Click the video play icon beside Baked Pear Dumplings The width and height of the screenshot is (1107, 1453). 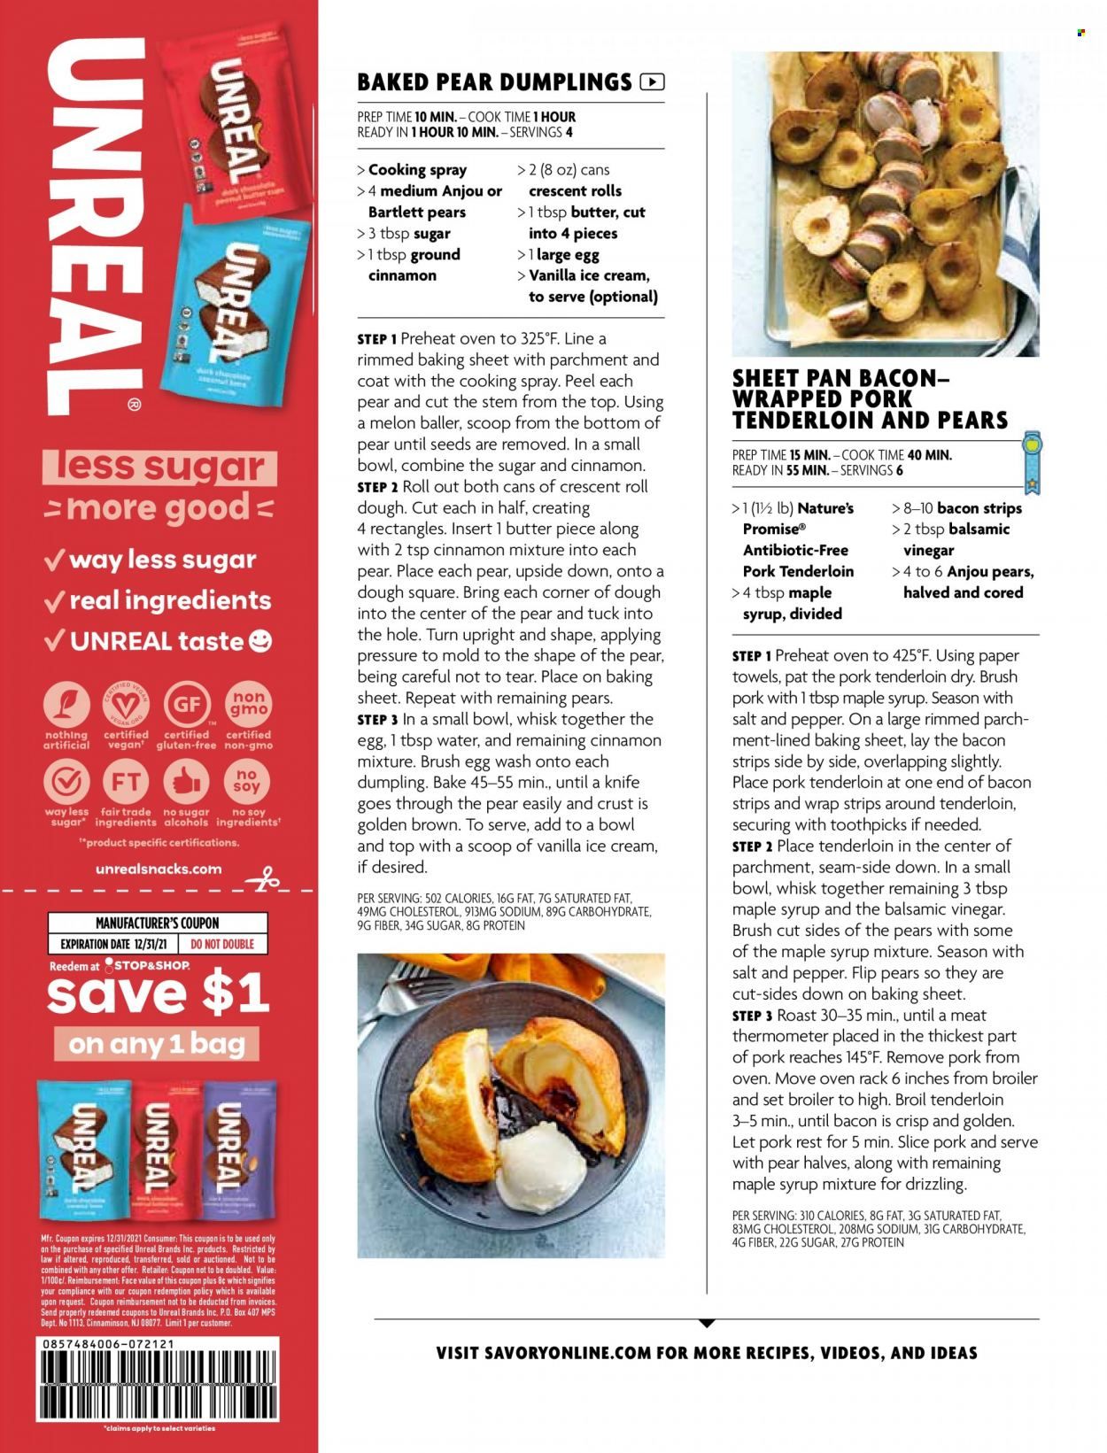651,82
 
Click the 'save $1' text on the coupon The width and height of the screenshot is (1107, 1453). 158,993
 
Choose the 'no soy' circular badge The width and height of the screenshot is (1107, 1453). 248,781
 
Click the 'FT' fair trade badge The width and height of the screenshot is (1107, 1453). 127,781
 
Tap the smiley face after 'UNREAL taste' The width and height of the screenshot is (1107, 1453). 261,641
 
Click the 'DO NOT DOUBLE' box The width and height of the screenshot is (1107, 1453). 222,944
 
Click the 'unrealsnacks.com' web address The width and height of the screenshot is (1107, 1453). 159,869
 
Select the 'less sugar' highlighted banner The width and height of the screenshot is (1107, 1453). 159,467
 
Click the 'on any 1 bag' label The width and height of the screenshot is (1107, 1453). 158,1043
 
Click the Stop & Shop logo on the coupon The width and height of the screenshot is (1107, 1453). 146,964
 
